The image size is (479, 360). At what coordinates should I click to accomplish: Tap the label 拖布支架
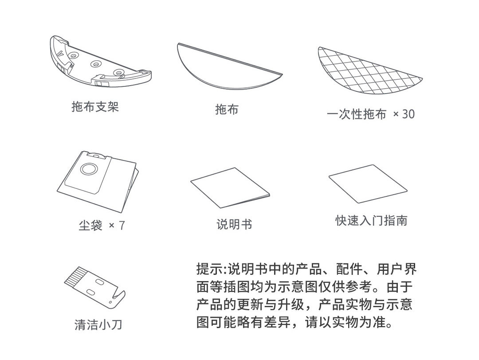click(95, 106)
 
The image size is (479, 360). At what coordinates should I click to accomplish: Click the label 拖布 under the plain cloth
click(227, 110)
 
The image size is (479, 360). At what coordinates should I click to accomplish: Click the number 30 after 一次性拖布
click(408, 114)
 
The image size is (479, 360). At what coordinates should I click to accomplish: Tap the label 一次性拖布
click(357, 114)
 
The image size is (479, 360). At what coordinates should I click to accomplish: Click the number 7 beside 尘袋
click(122, 226)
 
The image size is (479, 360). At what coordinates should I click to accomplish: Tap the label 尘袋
click(90, 226)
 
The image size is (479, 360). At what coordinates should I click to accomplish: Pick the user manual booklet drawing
click(230, 187)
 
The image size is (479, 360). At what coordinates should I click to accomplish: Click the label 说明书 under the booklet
click(234, 224)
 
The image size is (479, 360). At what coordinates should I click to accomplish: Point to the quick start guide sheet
click(368, 184)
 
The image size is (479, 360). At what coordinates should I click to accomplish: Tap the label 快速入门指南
click(371, 220)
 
